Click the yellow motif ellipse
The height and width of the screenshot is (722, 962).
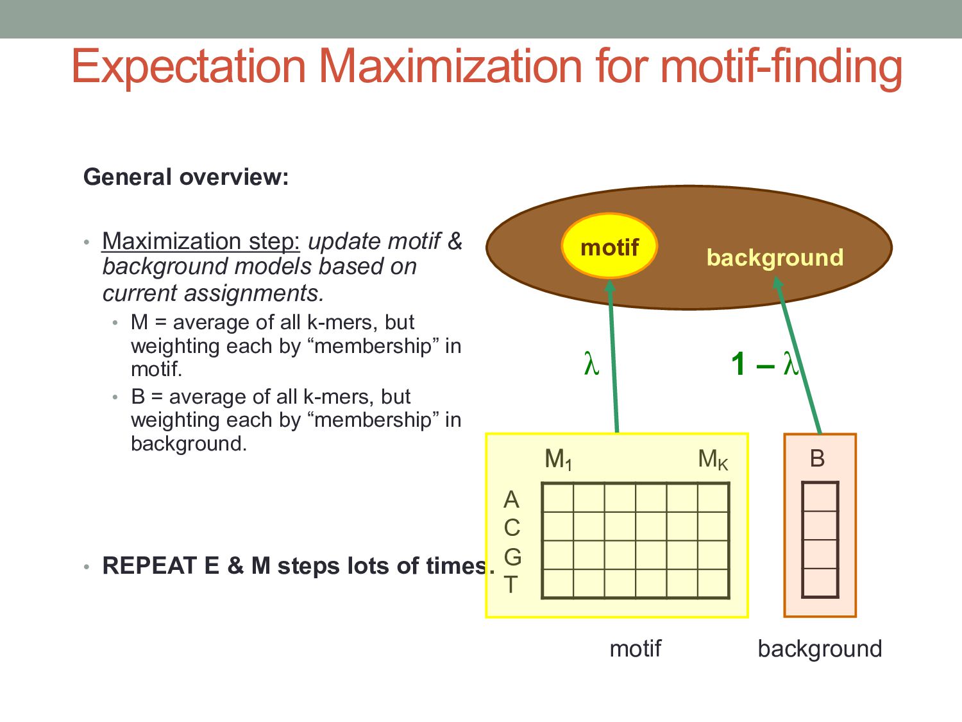tap(609, 246)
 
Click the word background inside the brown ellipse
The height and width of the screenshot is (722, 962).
tap(775, 257)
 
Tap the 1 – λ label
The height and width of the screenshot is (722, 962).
tap(763, 364)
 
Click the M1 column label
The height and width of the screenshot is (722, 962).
tap(557, 460)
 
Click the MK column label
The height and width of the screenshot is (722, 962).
tap(713, 460)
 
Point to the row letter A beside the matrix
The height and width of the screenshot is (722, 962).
tap(511, 499)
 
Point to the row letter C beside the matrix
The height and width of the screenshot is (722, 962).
tap(512, 528)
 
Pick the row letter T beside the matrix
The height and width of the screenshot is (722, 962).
tap(511, 585)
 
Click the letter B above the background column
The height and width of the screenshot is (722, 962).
tap(817, 458)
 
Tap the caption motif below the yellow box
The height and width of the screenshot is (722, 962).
tap(635, 648)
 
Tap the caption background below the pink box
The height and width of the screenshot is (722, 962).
tap(820, 649)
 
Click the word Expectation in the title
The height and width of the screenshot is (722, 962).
tap(189, 66)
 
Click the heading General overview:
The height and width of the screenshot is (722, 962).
tap(186, 177)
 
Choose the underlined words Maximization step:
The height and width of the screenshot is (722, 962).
tap(201, 241)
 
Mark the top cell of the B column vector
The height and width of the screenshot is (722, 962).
tap(820, 497)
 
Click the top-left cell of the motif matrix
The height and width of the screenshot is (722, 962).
tap(558, 497)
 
